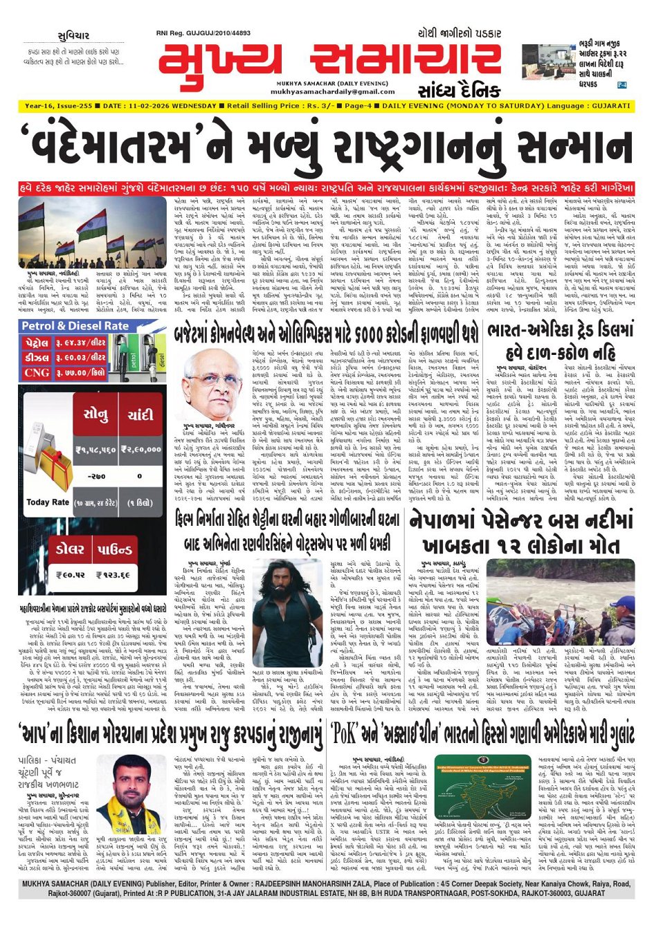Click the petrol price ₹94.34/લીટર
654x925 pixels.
80,342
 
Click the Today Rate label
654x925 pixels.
48,502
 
